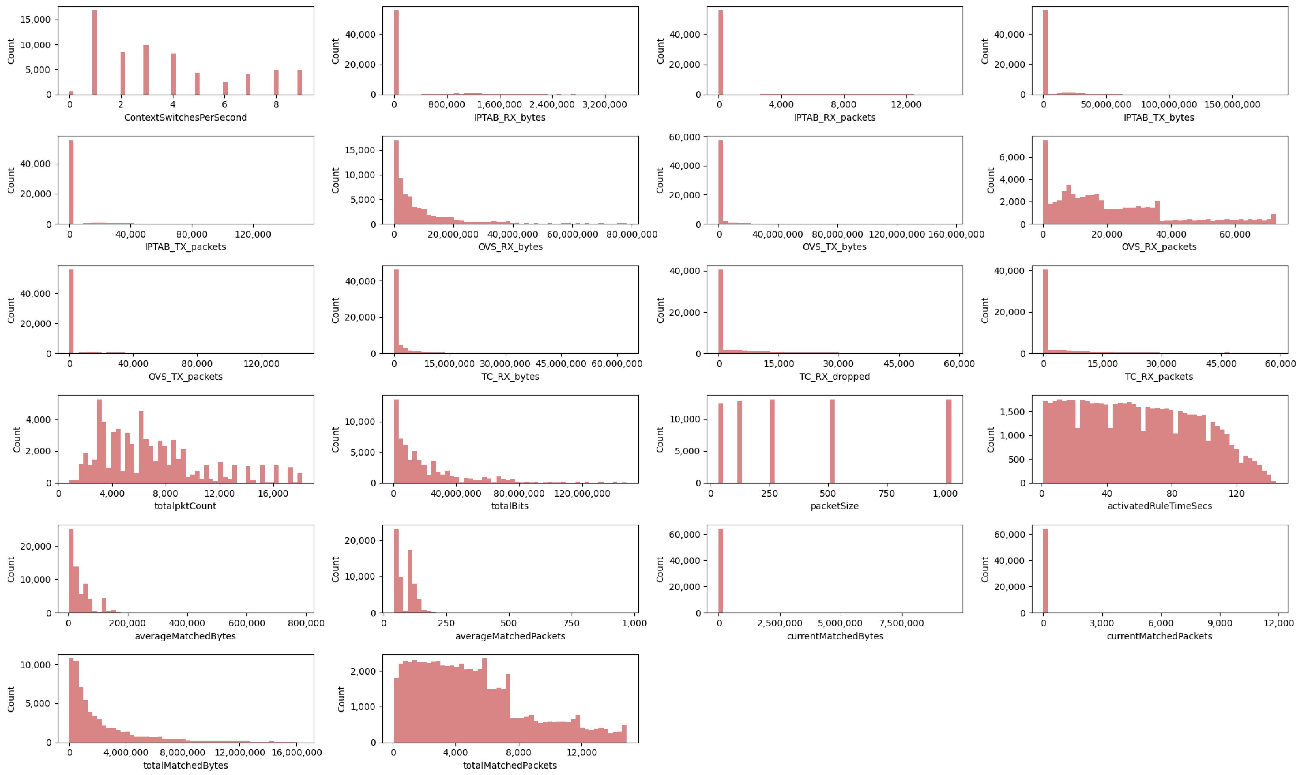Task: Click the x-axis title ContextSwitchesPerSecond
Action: pyautogui.click(x=185, y=118)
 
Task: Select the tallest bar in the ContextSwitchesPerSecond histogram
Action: pyautogui.click(x=95, y=52)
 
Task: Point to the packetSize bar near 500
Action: pyautogui.click(x=832, y=441)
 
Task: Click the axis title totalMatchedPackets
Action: pyautogui.click(x=510, y=765)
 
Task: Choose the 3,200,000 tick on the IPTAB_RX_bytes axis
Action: pyautogui.click(x=604, y=104)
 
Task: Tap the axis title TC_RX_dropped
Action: pyautogui.click(x=834, y=377)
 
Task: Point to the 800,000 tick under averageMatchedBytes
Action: pyautogui.click(x=307, y=623)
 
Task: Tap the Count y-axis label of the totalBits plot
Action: pyautogui.click(x=335, y=439)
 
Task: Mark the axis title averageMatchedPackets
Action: pyautogui.click(x=510, y=636)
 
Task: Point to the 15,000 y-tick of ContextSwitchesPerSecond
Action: pyautogui.click(x=36, y=20)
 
